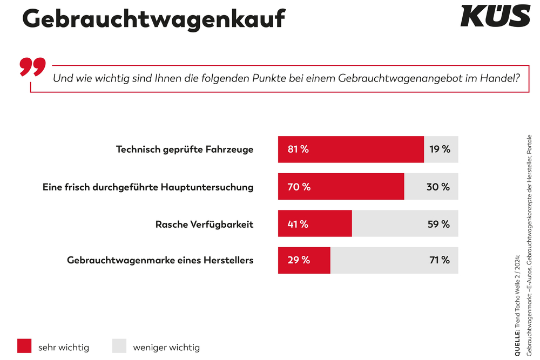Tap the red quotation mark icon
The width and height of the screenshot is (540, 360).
pos(32,66)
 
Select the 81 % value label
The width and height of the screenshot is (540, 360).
pos(298,150)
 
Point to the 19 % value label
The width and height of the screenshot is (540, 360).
pos(440,150)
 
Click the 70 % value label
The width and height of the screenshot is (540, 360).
pos(299,187)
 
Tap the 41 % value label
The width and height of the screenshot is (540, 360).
pos(298,224)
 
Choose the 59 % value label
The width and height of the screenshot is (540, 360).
pos(439,224)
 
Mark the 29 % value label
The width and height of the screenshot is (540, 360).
pos(299,260)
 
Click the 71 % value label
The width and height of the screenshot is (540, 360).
pos(440,260)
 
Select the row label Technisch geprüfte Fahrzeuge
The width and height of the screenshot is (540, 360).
pos(185,150)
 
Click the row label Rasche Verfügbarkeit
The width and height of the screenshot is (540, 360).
pos(204,224)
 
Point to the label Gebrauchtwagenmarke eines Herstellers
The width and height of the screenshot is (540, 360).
pos(160,260)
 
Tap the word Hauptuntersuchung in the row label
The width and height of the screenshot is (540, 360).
pos(208,187)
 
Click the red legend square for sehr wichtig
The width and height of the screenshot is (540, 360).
pos(25,346)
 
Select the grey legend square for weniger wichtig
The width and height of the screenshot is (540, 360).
pos(119,346)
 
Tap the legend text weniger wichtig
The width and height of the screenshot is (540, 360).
pos(166,347)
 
